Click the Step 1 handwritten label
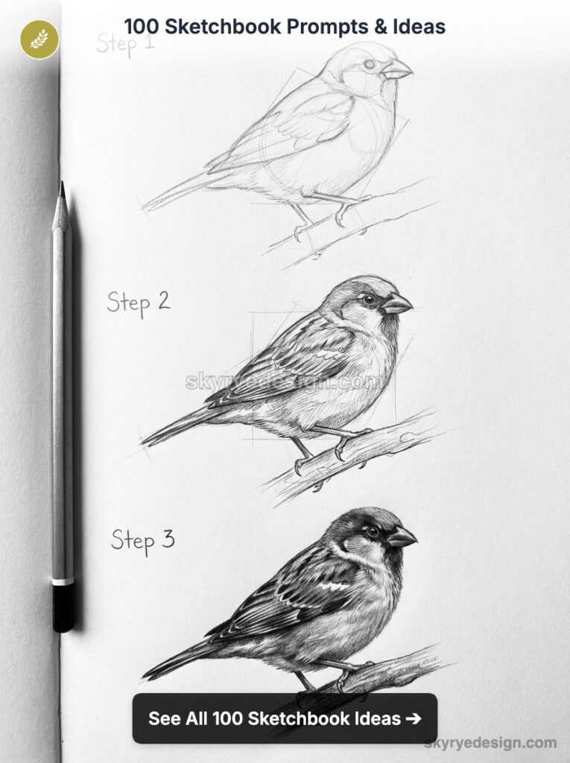125,43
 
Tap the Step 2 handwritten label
139,303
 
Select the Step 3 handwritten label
143,539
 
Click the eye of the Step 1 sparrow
370,65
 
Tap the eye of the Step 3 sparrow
373,531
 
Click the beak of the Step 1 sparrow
396,70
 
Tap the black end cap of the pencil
63,607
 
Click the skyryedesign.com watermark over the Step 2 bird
285,382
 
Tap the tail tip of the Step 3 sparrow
146,675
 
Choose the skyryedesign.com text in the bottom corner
490,743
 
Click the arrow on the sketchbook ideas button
412,718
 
